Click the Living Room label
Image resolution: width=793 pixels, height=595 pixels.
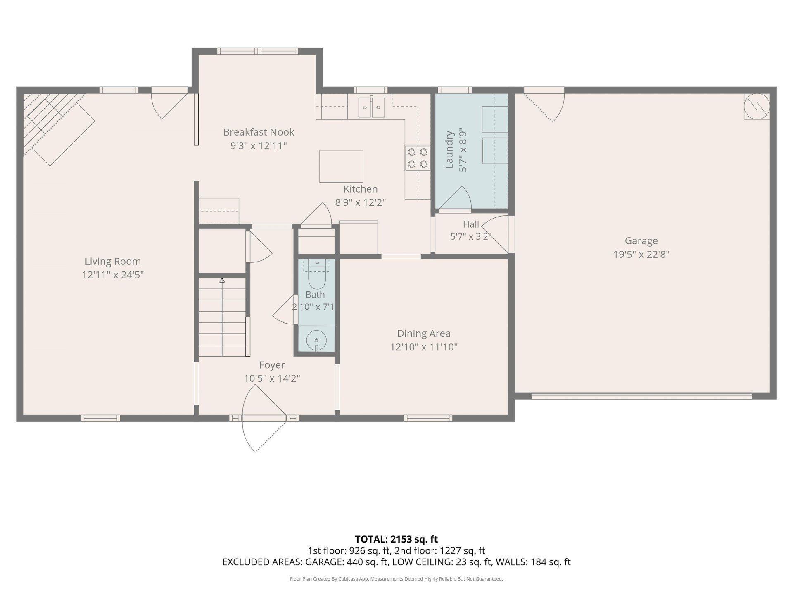tap(113, 261)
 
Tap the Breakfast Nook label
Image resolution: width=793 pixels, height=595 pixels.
tap(259, 132)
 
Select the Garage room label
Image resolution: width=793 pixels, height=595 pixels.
tap(641, 240)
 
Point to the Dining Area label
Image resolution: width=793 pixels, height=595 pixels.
tap(424, 333)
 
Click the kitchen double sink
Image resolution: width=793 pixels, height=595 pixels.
tap(371, 107)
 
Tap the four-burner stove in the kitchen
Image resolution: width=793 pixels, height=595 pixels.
tap(417, 158)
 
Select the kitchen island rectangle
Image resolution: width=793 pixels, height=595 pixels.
tap(341, 166)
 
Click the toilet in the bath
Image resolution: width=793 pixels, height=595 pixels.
tap(317, 274)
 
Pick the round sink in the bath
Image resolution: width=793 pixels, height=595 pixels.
tap(316, 340)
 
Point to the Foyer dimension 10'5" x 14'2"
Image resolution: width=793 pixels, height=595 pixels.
tap(272, 378)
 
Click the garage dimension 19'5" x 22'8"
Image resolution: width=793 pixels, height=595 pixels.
tap(641, 254)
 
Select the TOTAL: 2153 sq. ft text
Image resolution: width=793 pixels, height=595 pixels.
tap(396, 539)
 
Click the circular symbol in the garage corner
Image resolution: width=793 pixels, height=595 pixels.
tap(757, 106)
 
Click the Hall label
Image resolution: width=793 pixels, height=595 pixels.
tap(471, 224)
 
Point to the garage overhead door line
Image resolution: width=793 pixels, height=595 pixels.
tap(641, 396)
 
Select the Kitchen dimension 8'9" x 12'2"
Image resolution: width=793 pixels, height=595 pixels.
tap(360, 202)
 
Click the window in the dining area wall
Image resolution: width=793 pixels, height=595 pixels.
tap(428, 418)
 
